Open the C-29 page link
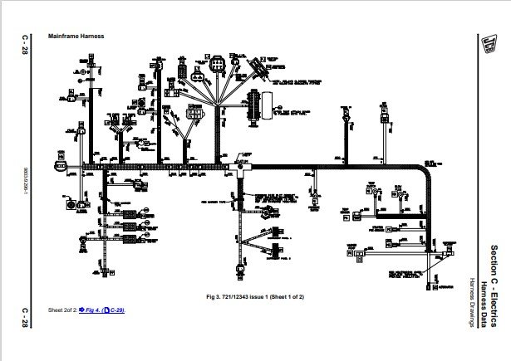[115, 309]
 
